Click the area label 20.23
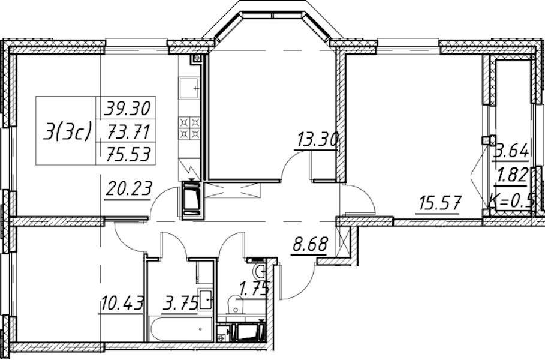pyautogui.click(x=128, y=189)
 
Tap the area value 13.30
pyautogui.click(x=317, y=140)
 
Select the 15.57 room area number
pyautogui.click(x=439, y=203)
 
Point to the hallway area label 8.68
pyautogui.click(x=310, y=244)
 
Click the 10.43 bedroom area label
pyautogui.click(x=122, y=303)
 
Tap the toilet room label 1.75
pyautogui.click(x=254, y=289)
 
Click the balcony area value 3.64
pyautogui.click(x=512, y=152)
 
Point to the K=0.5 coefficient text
pyautogui.click(x=512, y=200)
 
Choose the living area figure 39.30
pyautogui.click(x=128, y=108)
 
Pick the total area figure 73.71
pyautogui.click(x=128, y=131)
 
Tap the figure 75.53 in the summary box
pyautogui.click(x=128, y=154)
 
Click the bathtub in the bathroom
pyautogui.click(x=180, y=329)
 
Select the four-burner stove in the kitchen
pyautogui.click(x=189, y=128)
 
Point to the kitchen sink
pyautogui.click(x=189, y=88)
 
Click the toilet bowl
pyautogui.click(x=235, y=304)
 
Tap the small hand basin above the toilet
pyautogui.click(x=259, y=271)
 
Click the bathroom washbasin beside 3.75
pyautogui.click(x=205, y=299)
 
